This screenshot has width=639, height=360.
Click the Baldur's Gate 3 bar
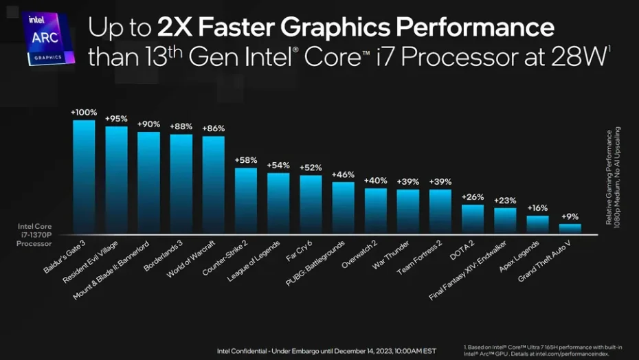(x=84, y=177)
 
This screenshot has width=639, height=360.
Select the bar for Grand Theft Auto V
(x=570, y=229)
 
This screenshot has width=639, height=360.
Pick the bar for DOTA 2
(x=473, y=219)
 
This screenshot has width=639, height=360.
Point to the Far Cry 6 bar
(x=311, y=204)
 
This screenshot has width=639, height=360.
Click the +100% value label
(x=84, y=112)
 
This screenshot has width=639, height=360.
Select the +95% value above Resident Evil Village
(x=116, y=118)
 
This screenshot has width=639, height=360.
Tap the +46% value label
(x=343, y=175)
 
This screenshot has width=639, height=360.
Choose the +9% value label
(x=570, y=216)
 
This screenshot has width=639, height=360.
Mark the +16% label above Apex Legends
(x=537, y=207)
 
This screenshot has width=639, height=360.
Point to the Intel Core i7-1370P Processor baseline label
(x=34, y=234)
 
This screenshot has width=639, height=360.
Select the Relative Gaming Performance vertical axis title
(x=613, y=176)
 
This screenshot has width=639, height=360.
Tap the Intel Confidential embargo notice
(x=326, y=350)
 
